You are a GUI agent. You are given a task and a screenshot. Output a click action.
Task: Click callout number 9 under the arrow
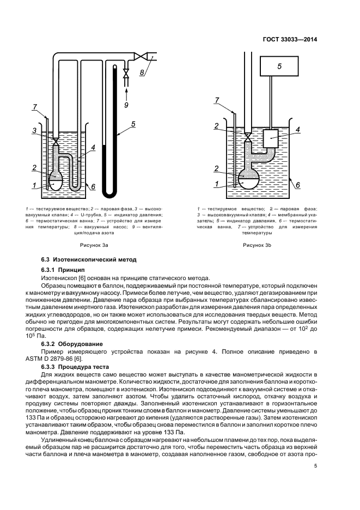pyautogui.click(x=126, y=104)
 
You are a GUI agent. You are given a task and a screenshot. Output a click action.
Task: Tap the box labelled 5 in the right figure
pyautogui.click(x=279, y=66)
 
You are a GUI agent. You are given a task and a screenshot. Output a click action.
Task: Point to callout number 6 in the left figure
pyautogui.click(x=93, y=186)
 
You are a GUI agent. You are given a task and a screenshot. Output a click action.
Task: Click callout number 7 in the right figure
pyautogui.click(x=217, y=100)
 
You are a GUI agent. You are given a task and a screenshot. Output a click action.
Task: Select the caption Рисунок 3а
pyautogui.click(x=91, y=245)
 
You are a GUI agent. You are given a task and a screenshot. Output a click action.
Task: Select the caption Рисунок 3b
pyautogui.click(x=257, y=245)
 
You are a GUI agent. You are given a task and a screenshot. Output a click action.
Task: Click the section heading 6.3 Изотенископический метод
pyautogui.click(x=89, y=259)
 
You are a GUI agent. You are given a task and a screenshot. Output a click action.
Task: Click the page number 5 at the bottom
pyautogui.click(x=316, y=466)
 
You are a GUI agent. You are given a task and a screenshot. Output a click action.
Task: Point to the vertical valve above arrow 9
pyautogui.click(x=126, y=72)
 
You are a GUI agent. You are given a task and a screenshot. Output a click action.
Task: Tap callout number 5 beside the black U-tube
pyautogui.click(x=132, y=125)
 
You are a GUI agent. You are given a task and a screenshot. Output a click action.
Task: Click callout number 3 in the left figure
pyautogui.click(x=34, y=131)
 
